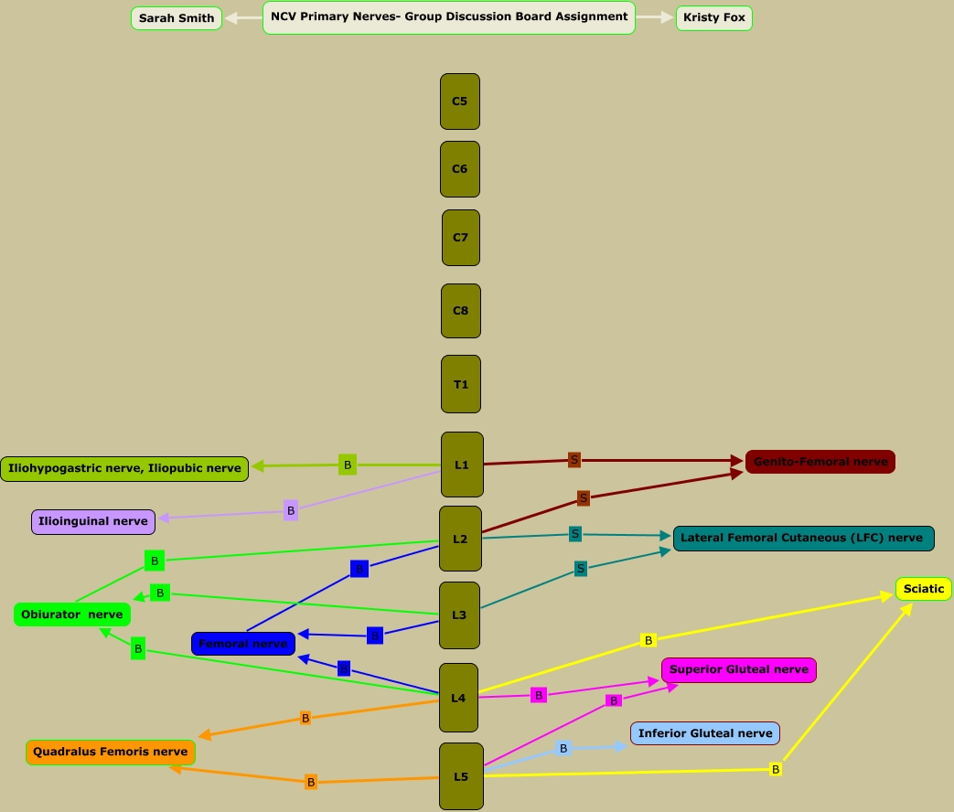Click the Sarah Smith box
[177, 18]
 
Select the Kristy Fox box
[713, 18]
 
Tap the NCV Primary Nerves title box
[449, 17]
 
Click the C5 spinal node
[460, 101]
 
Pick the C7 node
[461, 238]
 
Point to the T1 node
[461, 384]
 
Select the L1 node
[462, 465]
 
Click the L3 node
[459, 615]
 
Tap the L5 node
[461, 776]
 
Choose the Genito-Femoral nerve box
[820, 462]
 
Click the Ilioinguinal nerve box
[93, 521]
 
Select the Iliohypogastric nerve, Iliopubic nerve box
[124, 468]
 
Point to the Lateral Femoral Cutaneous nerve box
[803, 538]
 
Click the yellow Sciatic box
[924, 589]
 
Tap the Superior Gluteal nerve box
[739, 669]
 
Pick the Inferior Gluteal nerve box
[705, 732]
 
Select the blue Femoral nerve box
[243, 644]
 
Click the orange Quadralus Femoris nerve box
[111, 752]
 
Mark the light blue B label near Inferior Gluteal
[563, 749]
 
